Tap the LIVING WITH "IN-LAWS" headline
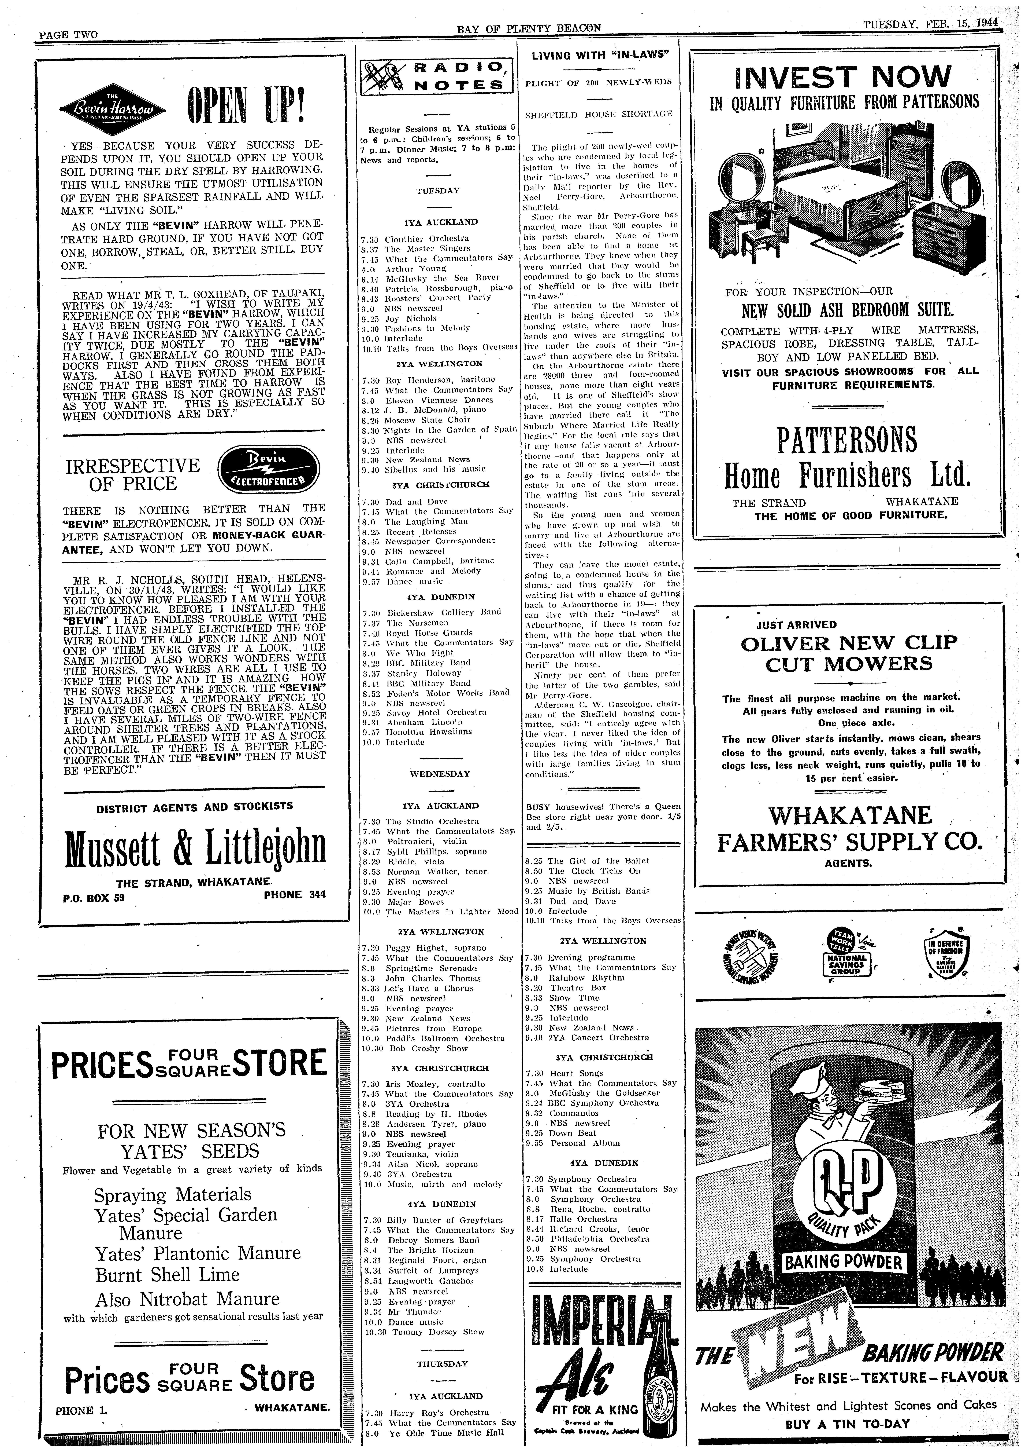(600, 55)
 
